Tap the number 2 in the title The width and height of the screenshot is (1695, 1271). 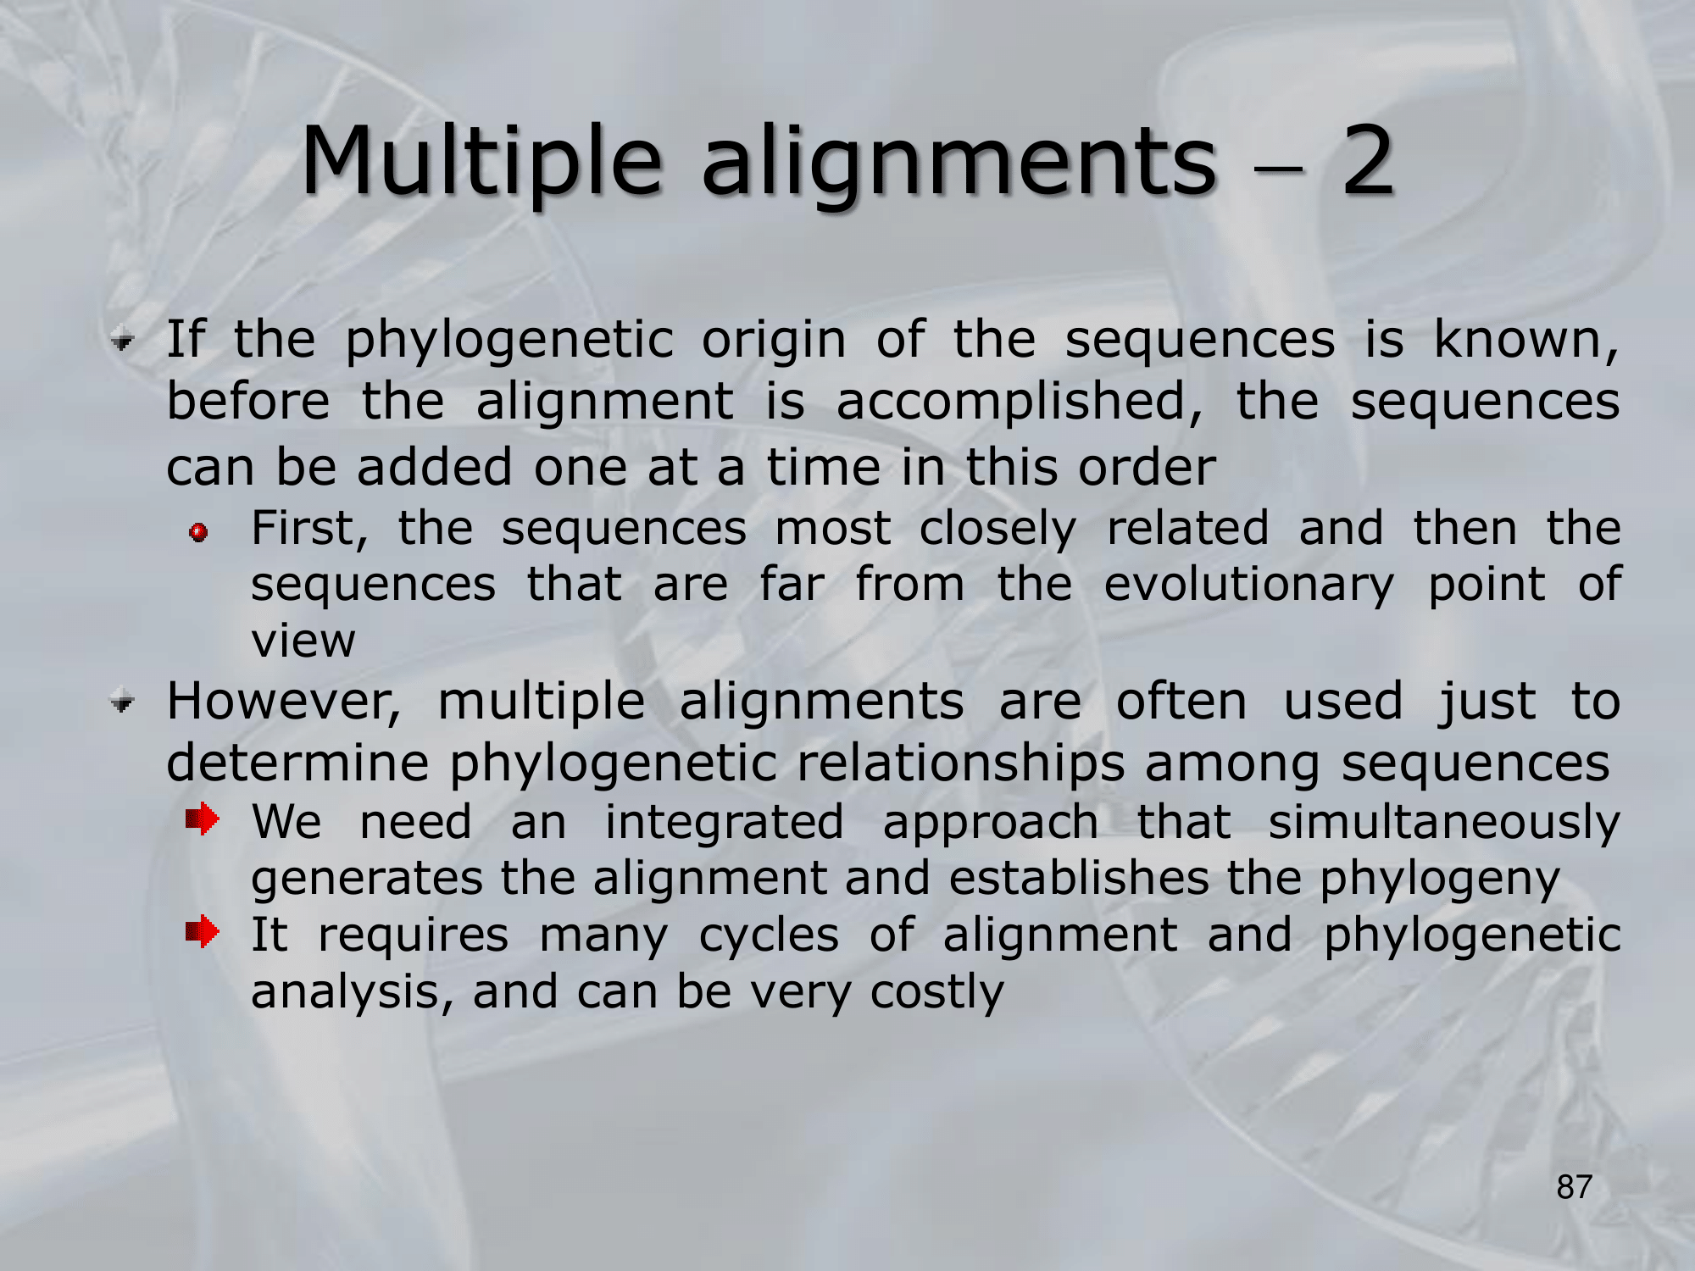pos(1368,160)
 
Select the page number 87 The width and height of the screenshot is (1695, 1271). pos(1575,1187)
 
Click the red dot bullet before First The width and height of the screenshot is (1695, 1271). pos(199,533)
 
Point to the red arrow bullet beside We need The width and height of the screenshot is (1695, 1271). pos(203,819)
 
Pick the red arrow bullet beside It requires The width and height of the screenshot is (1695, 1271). pos(203,933)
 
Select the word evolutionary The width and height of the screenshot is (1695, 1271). pos(1248,586)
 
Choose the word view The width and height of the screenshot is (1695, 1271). pos(303,641)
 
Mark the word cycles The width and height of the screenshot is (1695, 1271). pos(769,937)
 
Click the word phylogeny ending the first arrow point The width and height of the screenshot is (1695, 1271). pos(1439,880)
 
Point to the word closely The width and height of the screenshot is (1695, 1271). pos(998,530)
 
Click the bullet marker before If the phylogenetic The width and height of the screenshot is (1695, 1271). pos(123,342)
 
